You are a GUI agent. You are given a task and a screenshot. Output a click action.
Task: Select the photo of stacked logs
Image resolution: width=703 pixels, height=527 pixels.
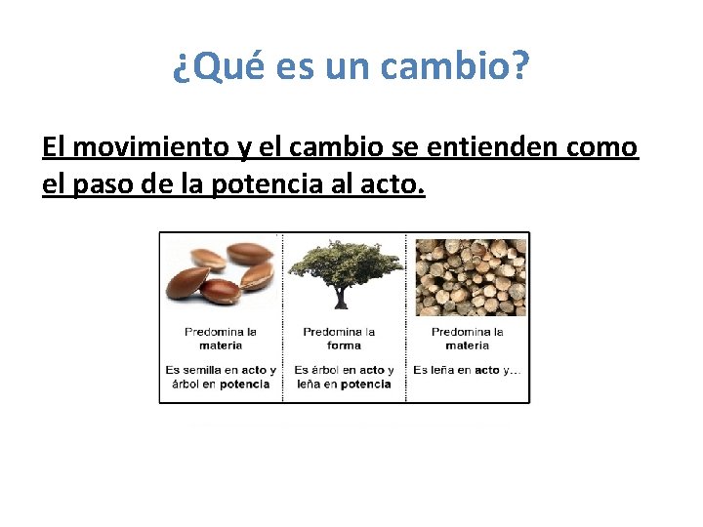click(470, 276)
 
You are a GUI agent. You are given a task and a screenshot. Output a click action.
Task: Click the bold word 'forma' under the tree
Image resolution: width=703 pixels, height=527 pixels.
click(344, 345)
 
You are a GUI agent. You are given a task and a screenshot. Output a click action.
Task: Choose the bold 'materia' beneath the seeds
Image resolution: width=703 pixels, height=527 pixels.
click(221, 345)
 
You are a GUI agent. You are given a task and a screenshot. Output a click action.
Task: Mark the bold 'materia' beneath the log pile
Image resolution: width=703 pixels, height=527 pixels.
click(468, 345)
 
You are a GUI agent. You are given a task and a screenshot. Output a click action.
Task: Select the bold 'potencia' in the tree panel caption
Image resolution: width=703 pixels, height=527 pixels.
click(366, 385)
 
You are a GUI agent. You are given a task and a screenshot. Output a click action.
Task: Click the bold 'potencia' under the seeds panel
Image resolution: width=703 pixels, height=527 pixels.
click(245, 385)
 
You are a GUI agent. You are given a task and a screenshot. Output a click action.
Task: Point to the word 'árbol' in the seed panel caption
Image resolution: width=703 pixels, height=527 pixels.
click(186, 385)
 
